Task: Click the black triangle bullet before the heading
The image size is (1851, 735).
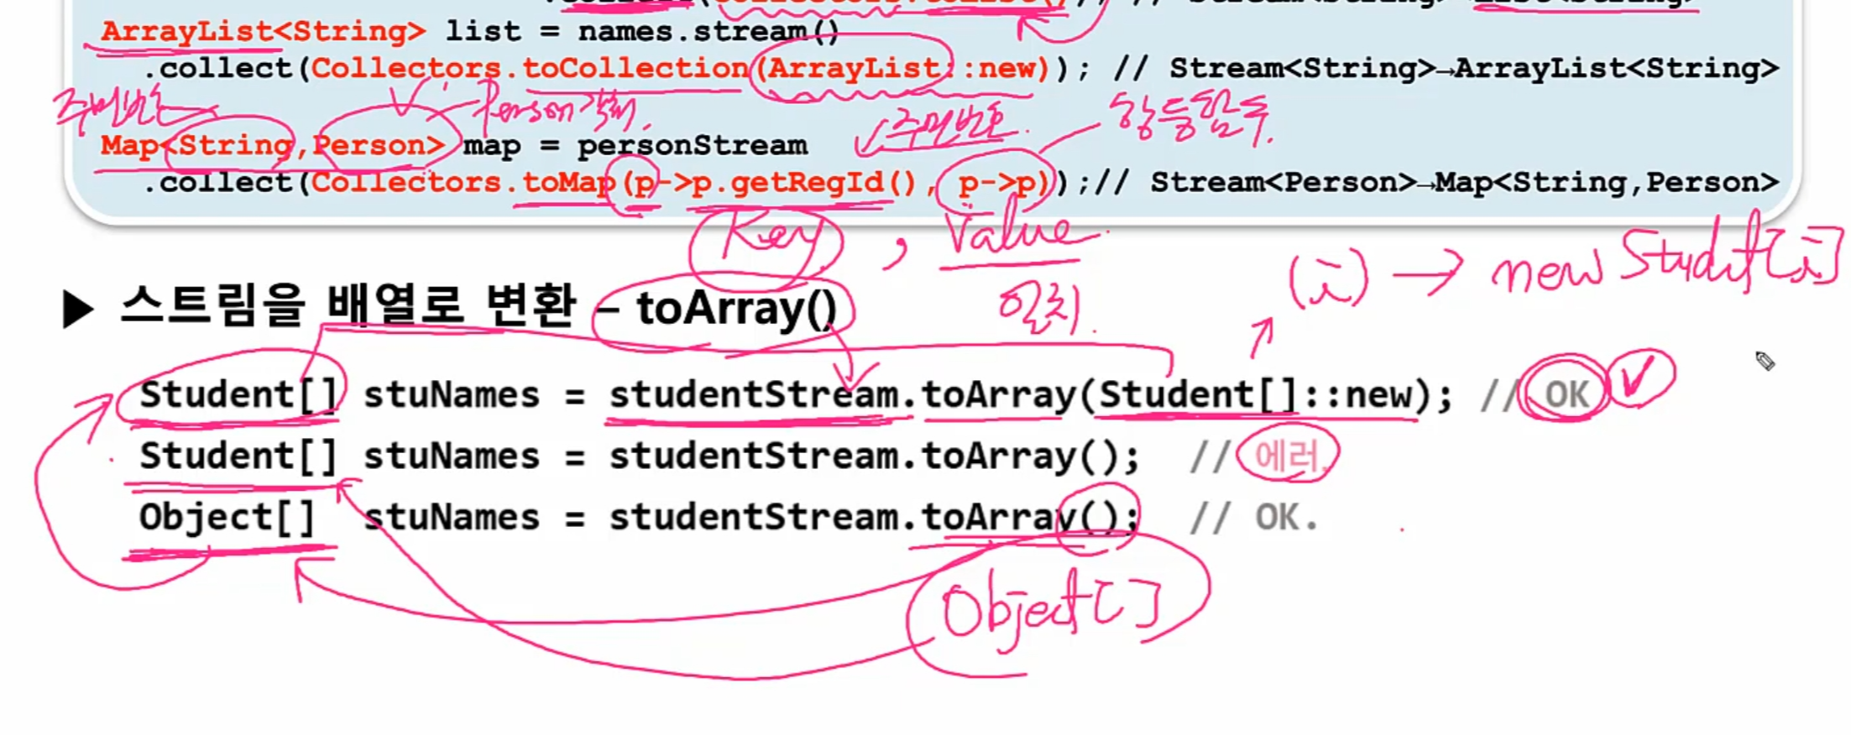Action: (78, 310)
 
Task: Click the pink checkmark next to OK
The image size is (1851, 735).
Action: (1639, 380)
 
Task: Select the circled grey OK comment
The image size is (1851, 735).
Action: (1566, 394)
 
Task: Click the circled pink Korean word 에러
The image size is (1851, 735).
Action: (1287, 457)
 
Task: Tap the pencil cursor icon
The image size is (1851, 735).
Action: (1765, 361)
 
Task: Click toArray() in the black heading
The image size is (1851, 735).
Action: (736, 309)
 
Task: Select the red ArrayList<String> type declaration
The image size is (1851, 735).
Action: (263, 32)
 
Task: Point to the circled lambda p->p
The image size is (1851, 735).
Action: (996, 182)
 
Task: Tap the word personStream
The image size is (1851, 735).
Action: (692, 145)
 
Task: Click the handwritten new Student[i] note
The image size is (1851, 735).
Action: (1662, 260)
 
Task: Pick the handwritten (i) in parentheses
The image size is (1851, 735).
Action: (1328, 279)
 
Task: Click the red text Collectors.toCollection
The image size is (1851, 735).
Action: (529, 68)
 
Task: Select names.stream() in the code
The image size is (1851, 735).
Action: (709, 32)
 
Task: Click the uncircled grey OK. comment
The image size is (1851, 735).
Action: (1284, 518)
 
